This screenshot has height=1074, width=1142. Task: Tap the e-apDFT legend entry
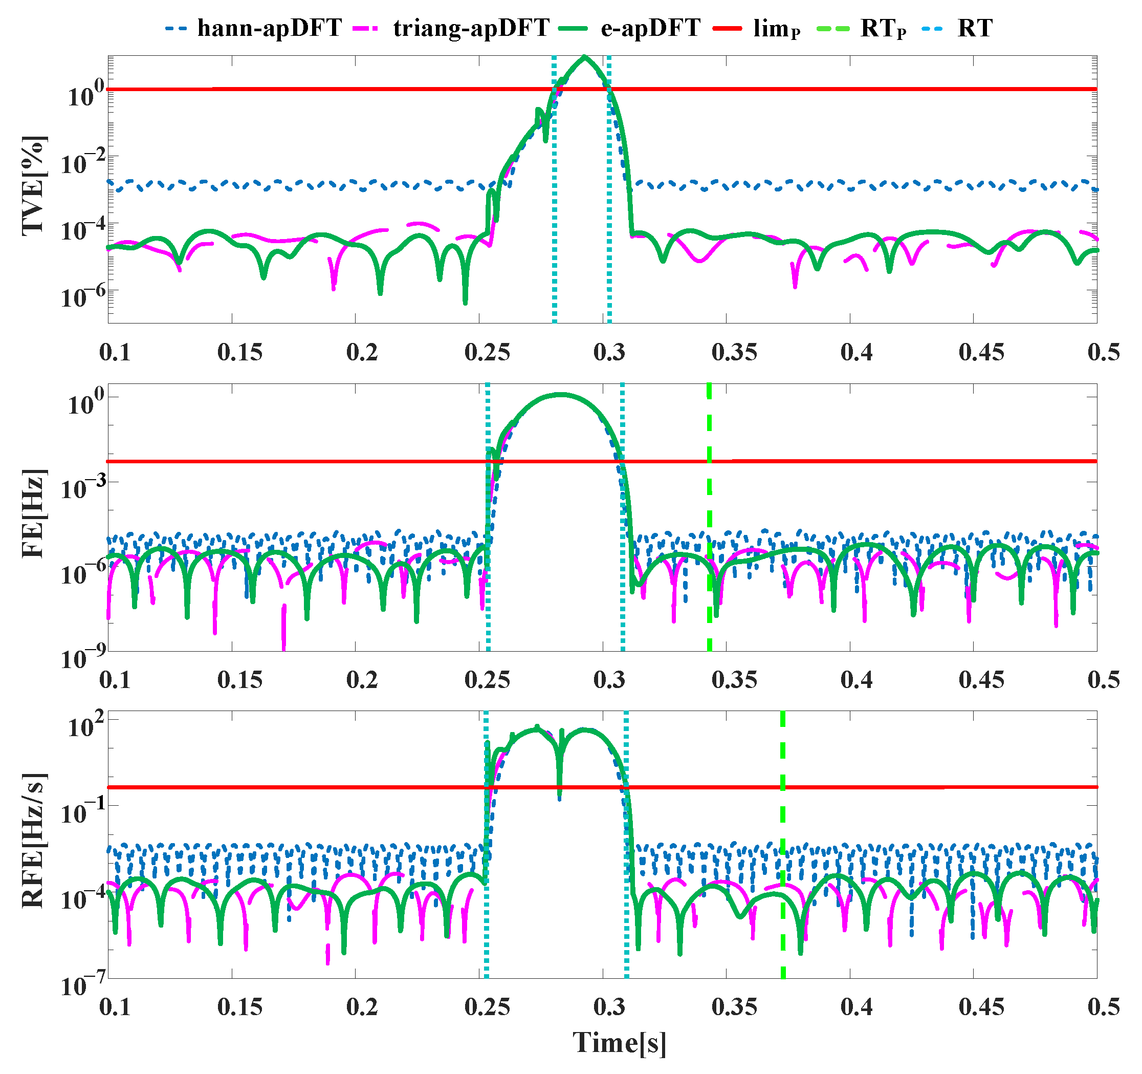[x=631, y=28]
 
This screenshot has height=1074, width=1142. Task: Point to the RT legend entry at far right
[x=959, y=28]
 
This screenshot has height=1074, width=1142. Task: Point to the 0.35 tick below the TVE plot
[x=735, y=352]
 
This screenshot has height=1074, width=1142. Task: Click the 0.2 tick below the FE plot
[x=362, y=680]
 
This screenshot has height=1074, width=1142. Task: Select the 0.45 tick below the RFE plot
[x=982, y=1007]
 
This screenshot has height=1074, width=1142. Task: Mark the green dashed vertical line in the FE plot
[x=710, y=517]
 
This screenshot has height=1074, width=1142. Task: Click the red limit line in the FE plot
[x=862, y=461]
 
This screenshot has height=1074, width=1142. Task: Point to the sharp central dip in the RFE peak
[x=560, y=796]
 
